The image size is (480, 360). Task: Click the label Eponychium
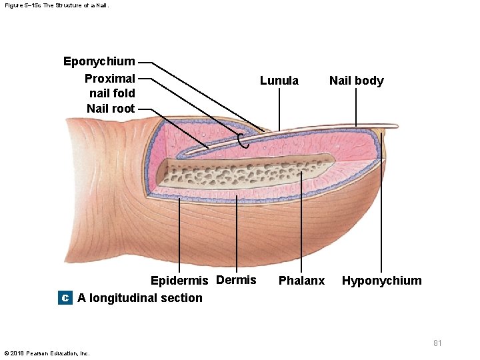click(x=99, y=62)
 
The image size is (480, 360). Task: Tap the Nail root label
click(x=111, y=109)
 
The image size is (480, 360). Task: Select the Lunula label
click(x=279, y=81)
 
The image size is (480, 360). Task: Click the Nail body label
click(x=356, y=81)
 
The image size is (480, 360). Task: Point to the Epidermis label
click(x=179, y=281)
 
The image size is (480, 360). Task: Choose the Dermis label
click(x=237, y=280)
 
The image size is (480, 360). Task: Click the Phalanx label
click(x=301, y=281)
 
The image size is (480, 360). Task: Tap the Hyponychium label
click(x=381, y=281)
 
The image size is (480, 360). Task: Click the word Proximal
click(x=110, y=79)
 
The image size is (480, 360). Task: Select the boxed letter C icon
click(x=65, y=298)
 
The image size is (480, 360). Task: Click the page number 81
click(x=437, y=343)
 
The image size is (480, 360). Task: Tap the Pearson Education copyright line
click(x=47, y=353)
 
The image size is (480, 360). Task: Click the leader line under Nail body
click(x=356, y=107)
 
